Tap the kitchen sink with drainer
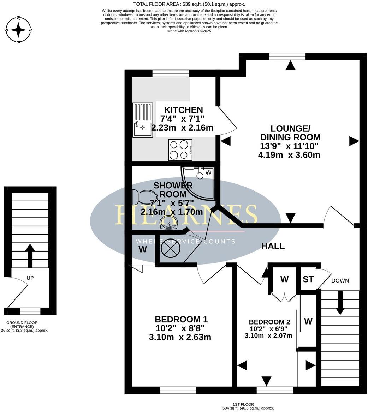click(x=143, y=120)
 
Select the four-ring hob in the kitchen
click(x=180, y=150)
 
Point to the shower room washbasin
click(x=169, y=223)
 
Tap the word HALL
click(x=273, y=246)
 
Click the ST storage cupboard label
click(x=308, y=279)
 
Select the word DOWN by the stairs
click(x=340, y=281)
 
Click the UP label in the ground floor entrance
click(x=30, y=278)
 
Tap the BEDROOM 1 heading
click(x=181, y=319)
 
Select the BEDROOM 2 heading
click(x=269, y=322)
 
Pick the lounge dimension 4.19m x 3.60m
click(x=290, y=154)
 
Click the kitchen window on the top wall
click(x=170, y=73)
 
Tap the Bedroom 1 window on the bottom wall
click(x=178, y=390)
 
